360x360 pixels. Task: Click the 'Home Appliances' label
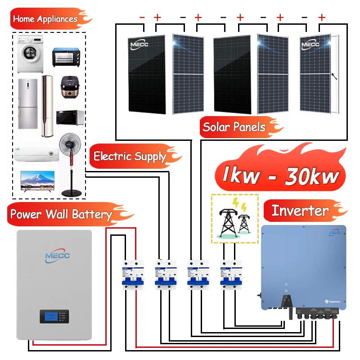(45, 19)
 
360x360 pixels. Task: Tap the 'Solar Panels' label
(234, 126)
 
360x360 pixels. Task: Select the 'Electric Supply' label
(130, 156)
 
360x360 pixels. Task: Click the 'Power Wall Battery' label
(61, 214)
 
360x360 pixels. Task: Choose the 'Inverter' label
(300, 211)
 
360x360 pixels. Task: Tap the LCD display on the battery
(49, 316)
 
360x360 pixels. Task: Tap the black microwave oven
(70, 117)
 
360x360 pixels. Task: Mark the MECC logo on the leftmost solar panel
(139, 44)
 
